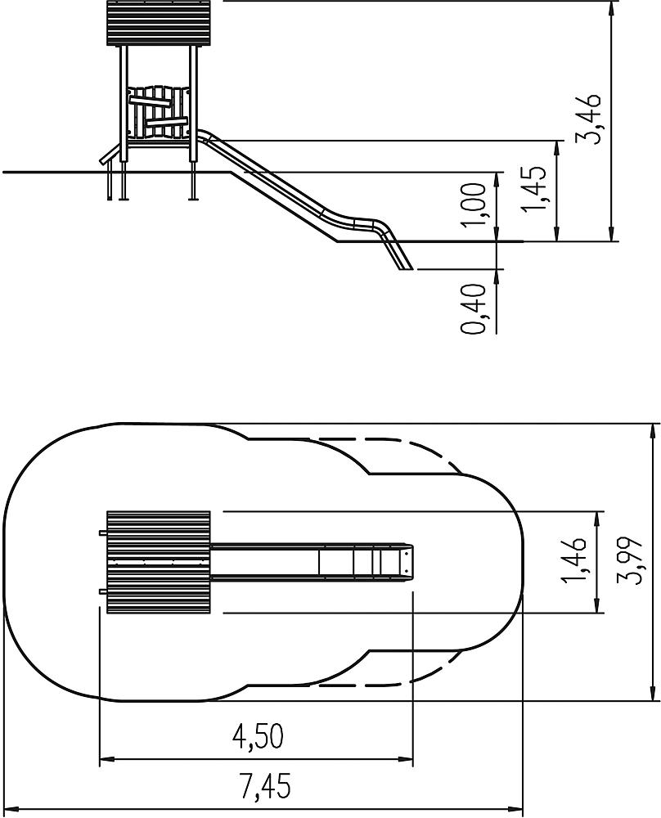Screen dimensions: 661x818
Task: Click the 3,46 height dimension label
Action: pyautogui.click(x=587, y=119)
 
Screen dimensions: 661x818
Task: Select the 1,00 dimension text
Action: pyautogui.click(x=474, y=205)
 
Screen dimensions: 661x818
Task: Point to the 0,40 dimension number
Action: pyautogui.click(x=474, y=308)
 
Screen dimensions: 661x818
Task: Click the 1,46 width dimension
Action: pyautogui.click(x=576, y=560)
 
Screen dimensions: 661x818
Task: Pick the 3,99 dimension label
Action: pyautogui.click(x=628, y=560)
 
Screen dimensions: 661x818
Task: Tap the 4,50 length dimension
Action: pyautogui.click(x=258, y=736)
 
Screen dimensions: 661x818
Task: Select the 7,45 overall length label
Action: pyautogui.click(x=266, y=785)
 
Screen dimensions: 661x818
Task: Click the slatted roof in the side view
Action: pyautogui.click(x=160, y=24)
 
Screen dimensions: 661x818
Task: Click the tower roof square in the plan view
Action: pyautogui.click(x=159, y=563)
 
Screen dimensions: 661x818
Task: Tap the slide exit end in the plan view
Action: pyautogui.click(x=408, y=563)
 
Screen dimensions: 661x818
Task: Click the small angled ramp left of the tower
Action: pyautogui.click(x=109, y=155)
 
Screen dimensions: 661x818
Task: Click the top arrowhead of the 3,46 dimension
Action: pyautogui.click(x=611, y=9)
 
